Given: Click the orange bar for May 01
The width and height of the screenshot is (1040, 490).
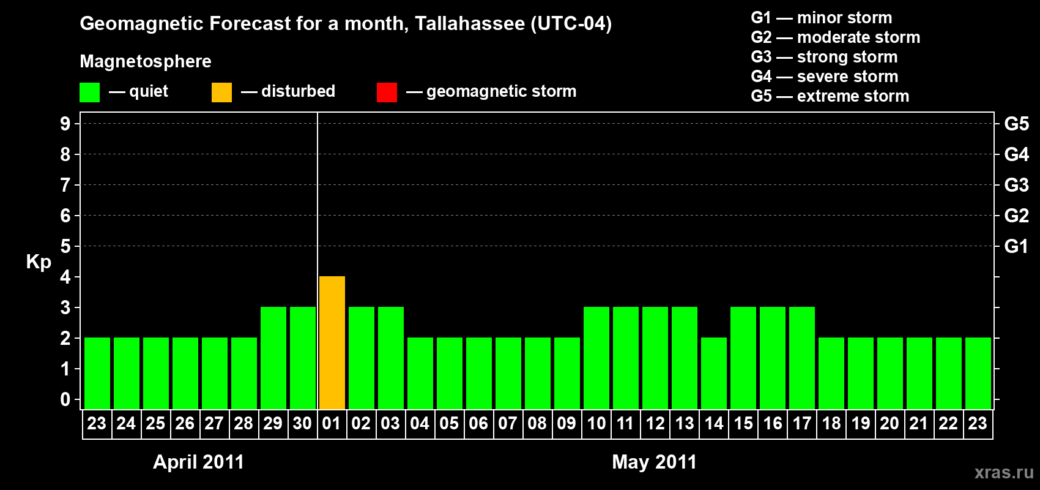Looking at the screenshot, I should point(332,343).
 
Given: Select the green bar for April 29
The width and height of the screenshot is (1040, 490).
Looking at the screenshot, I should point(273,358).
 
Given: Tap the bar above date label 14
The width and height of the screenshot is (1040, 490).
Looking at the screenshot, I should point(714,373).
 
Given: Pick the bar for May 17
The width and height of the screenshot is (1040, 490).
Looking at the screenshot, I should point(802,358).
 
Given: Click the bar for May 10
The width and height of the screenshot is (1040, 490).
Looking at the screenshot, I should point(596,358).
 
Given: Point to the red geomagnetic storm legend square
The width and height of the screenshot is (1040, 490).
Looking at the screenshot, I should point(387,92).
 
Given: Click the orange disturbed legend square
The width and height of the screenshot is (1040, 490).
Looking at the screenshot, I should point(221,92).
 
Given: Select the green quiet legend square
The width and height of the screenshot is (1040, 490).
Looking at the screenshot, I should point(89,92).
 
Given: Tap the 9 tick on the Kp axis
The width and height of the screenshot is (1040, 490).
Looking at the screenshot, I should point(65,124).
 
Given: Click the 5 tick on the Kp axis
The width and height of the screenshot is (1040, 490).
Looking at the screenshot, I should point(65,246).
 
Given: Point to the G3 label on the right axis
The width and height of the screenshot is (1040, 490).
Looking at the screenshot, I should point(1016,185).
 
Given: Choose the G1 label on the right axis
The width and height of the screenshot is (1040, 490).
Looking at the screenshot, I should point(1016,246).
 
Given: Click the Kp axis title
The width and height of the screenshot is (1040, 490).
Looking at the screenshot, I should point(39,262).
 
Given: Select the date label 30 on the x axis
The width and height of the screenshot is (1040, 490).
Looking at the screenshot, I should point(302,424).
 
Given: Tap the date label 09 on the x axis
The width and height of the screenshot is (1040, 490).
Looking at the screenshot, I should point(566,424).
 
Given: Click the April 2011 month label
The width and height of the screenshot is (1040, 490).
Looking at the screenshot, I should point(198,462).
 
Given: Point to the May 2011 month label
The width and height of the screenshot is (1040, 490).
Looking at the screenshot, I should point(654,462).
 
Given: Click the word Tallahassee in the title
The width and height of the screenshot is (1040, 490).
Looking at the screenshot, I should point(469,24).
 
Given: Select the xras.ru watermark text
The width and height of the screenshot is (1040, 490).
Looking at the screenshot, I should point(1004,472).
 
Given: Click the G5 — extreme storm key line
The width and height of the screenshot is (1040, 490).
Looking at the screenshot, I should point(830,96).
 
